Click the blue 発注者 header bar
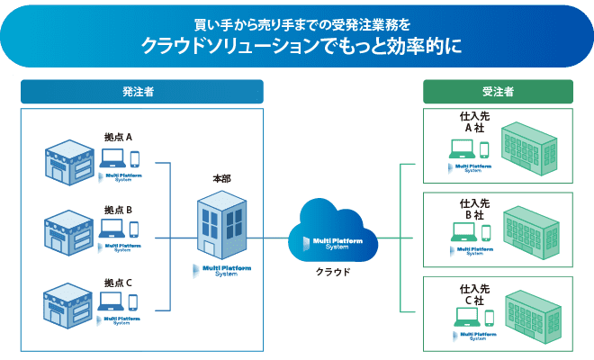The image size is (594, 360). coord(141,91)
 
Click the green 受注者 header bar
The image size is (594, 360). coord(498,91)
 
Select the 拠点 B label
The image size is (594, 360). coord(118,210)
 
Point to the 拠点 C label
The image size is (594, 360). coord(118,283)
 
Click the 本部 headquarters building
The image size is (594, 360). coord(220,225)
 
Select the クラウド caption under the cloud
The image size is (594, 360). coord(333,271)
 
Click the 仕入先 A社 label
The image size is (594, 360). coord(474,122)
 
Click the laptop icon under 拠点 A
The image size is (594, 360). coord(112,158)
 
